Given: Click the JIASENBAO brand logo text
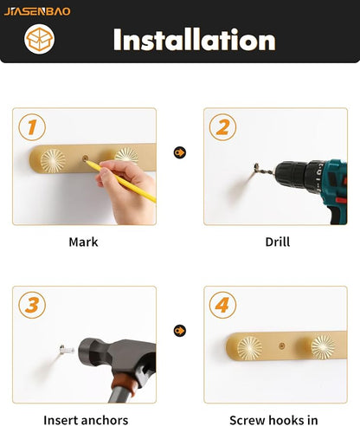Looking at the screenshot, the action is coord(37,11).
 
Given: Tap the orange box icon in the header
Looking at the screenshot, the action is coord(39,39).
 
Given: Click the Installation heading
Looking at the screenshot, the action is coord(195,40).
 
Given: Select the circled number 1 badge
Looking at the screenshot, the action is coord(32,127).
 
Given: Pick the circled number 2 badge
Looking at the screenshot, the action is coord(222,127).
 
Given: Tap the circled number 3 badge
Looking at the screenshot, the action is coord(32,305).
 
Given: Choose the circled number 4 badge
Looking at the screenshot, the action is coord(222,305).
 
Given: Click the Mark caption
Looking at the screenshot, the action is coord(83,242).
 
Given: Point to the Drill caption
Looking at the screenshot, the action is coord(278,242).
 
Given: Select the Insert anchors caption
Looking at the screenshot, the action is coord(86,420).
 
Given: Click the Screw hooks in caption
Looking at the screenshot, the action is coord(273,420).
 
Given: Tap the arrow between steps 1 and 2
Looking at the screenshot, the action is coord(180,152).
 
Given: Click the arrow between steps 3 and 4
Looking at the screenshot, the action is coord(180,331).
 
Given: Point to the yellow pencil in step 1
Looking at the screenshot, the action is coord(120,181).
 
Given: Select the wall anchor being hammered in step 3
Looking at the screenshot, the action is coord(67,350).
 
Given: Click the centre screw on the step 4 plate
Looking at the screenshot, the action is coord(282,345).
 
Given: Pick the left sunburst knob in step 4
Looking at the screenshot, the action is coord(249,348).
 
